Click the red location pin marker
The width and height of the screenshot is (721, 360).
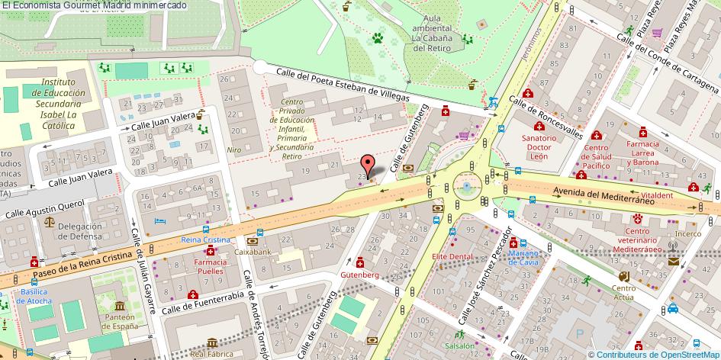pos(368,164)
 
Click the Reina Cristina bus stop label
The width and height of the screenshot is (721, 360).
pos(205,239)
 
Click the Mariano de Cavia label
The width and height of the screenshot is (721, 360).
pos(524,257)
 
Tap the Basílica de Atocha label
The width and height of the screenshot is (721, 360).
pos(36,296)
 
